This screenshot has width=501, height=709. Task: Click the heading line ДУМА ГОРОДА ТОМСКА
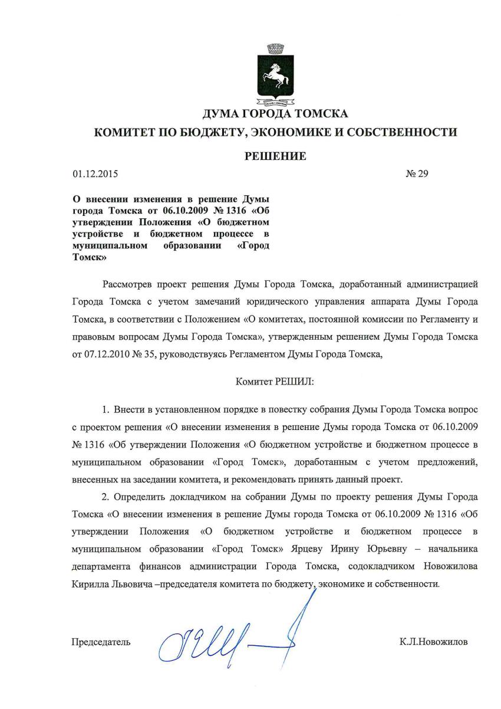coord(275,113)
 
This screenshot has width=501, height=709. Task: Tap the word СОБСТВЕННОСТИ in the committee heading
coord(407,132)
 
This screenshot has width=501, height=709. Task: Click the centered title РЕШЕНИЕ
coord(275,156)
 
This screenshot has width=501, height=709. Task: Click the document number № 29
coord(416,174)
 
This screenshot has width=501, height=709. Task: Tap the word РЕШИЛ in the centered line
coord(295,381)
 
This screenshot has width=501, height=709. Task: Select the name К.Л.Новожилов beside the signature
coord(433,642)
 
